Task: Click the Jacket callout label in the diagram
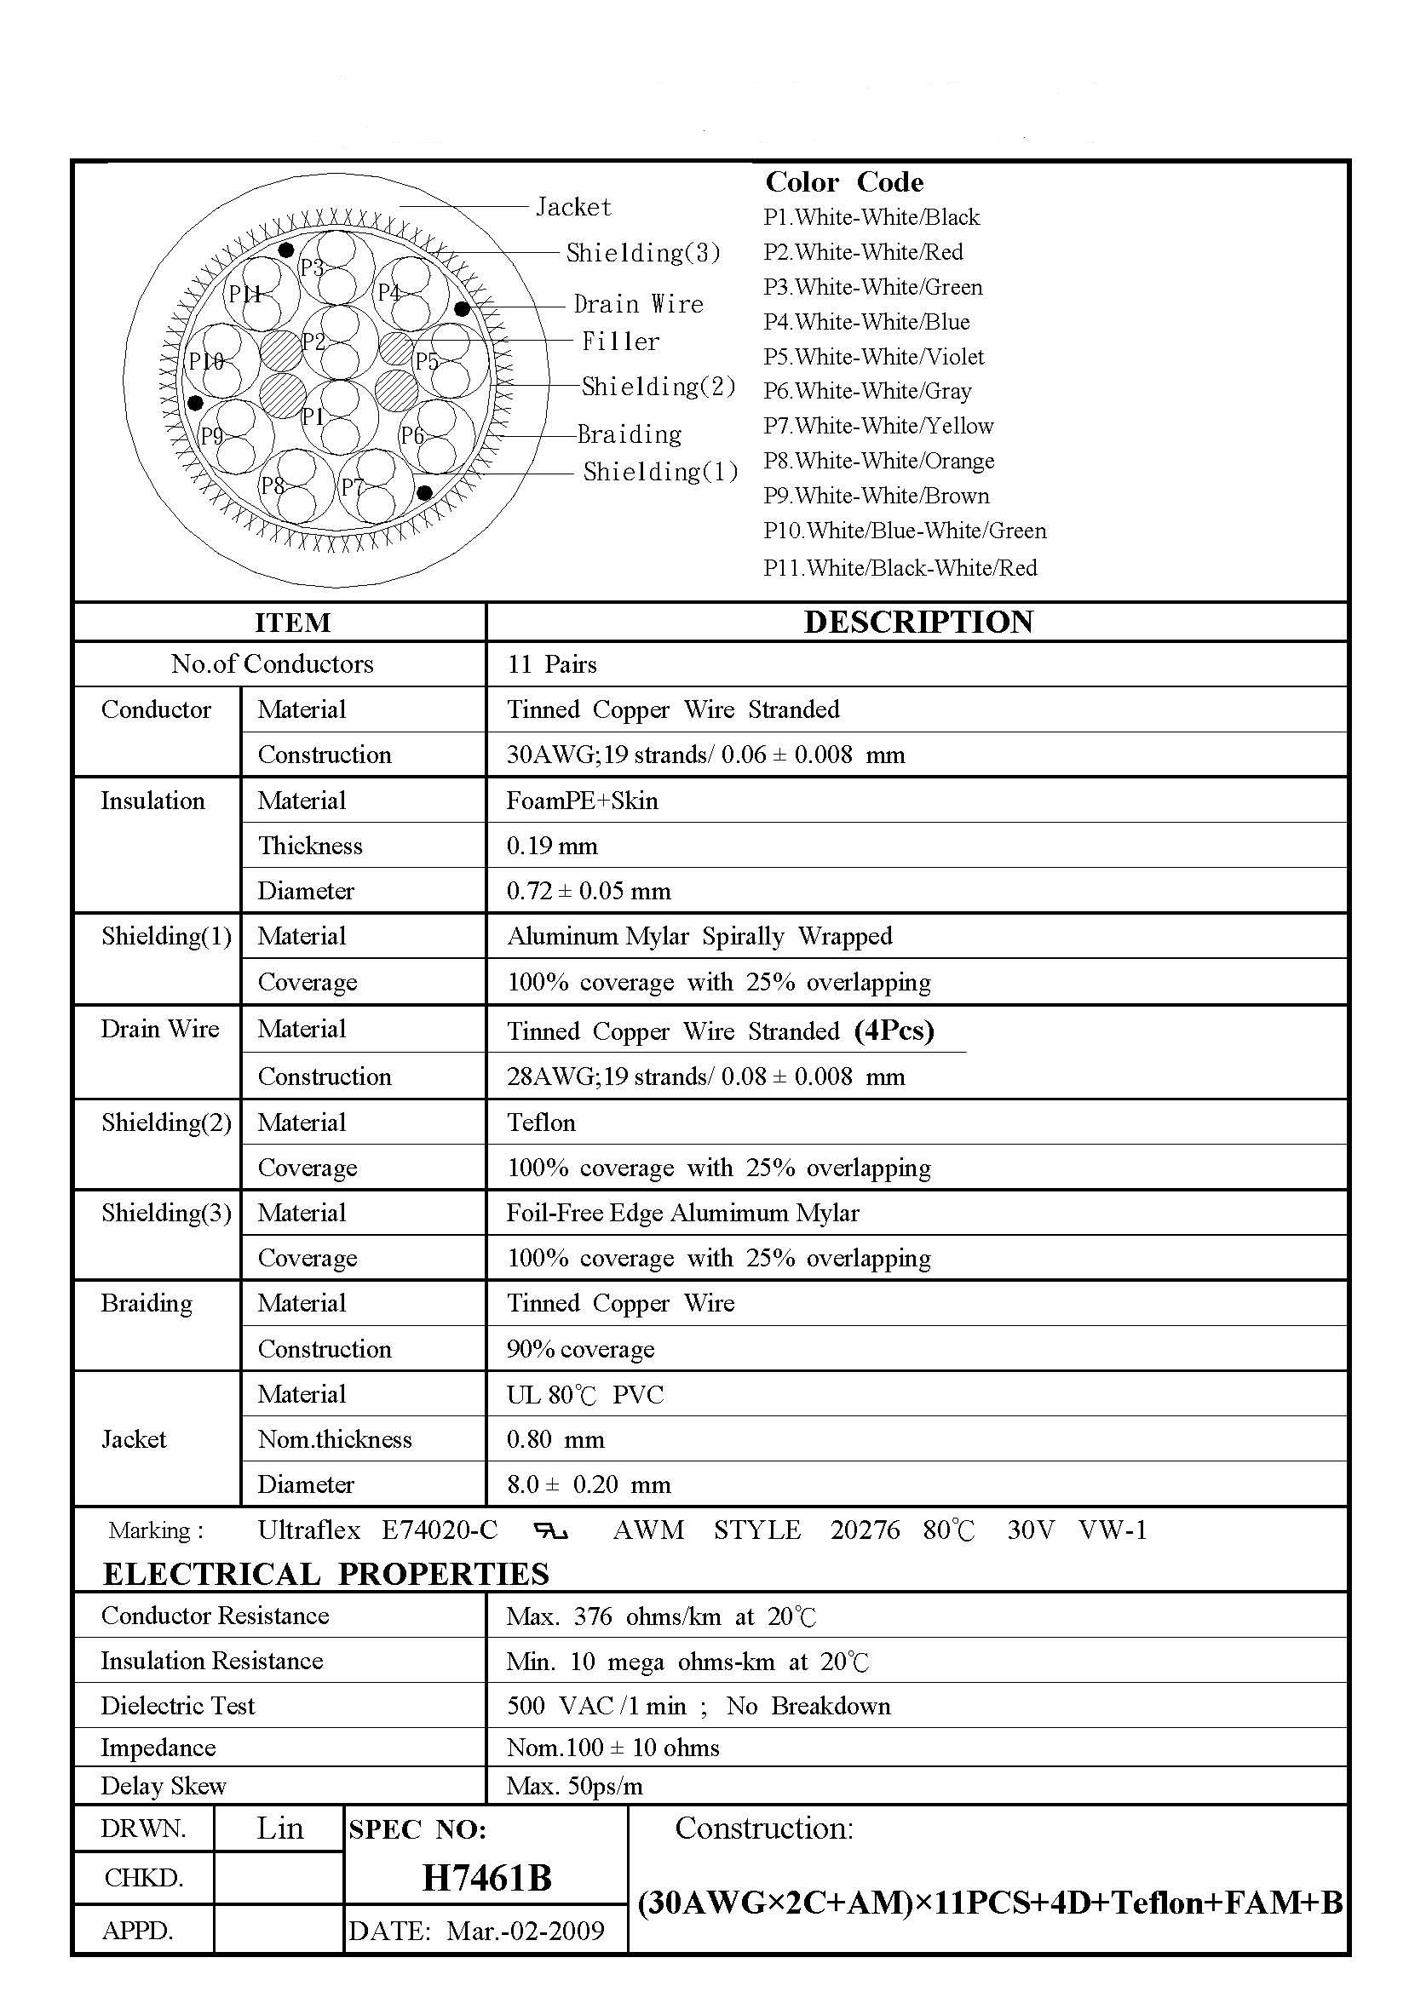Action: [573, 206]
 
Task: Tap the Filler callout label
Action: [620, 341]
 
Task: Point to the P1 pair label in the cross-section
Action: [313, 417]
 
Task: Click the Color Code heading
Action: [843, 182]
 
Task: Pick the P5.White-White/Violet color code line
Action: [874, 357]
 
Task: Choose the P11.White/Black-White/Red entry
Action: [900, 568]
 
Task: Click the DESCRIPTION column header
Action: [918, 622]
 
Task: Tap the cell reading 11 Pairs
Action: [552, 664]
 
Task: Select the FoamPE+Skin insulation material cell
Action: [582, 801]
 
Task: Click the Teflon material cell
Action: [541, 1122]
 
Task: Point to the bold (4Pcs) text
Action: [894, 1030]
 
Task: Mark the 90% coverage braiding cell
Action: [580, 1349]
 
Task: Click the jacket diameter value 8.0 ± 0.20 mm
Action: [589, 1484]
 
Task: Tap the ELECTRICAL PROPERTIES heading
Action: [325, 1574]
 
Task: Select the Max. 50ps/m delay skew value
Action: [574, 1786]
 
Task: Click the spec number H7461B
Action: [486, 1879]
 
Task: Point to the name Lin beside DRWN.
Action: [279, 1828]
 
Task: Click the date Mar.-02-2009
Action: [525, 1931]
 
